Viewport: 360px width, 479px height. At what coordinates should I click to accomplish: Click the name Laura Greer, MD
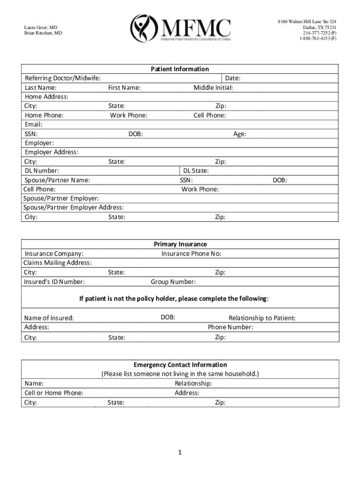pyautogui.click(x=41, y=28)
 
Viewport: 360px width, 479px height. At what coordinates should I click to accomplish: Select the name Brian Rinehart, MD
pyautogui.click(x=43, y=33)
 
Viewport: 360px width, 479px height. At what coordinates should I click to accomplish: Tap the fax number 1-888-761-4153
pyautogui.click(x=317, y=38)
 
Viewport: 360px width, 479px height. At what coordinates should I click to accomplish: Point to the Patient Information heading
pyautogui.click(x=180, y=69)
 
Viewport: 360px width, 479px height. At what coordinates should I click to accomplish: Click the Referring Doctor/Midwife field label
pyautogui.click(x=62, y=78)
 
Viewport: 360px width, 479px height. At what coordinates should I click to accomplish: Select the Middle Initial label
pyautogui.click(x=213, y=87)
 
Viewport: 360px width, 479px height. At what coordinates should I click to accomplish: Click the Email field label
pyautogui.click(x=34, y=124)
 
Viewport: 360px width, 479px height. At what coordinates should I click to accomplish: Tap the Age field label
pyautogui.click(x=239, y=134)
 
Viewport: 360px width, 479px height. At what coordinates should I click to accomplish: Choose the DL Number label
pyautogui.click(x=42, y=171)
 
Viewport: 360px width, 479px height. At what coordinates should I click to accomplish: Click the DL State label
pyautogui.click(x=196, y=171)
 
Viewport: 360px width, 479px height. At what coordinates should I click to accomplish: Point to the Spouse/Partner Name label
pyautogui.click(x=58, y=180)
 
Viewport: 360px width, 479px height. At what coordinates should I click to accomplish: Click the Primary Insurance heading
pyautogui.click(x=180, y=244)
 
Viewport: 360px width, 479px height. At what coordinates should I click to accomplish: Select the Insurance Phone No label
pyautogui.click(x=191, y=254)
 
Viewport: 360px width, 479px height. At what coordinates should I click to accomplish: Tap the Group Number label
pyautogui.click(x=173, y=282)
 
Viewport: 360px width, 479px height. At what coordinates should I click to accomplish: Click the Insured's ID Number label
pyautogui.click(x=54, y=282)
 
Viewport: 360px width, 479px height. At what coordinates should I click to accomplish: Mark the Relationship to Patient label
pyautogui.click(x=262, y=318)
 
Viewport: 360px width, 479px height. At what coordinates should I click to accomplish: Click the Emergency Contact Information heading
pyautogui.click(x=180, y=365)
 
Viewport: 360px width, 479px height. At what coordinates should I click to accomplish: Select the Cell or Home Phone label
pyautogui.click(x=54, y=393)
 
